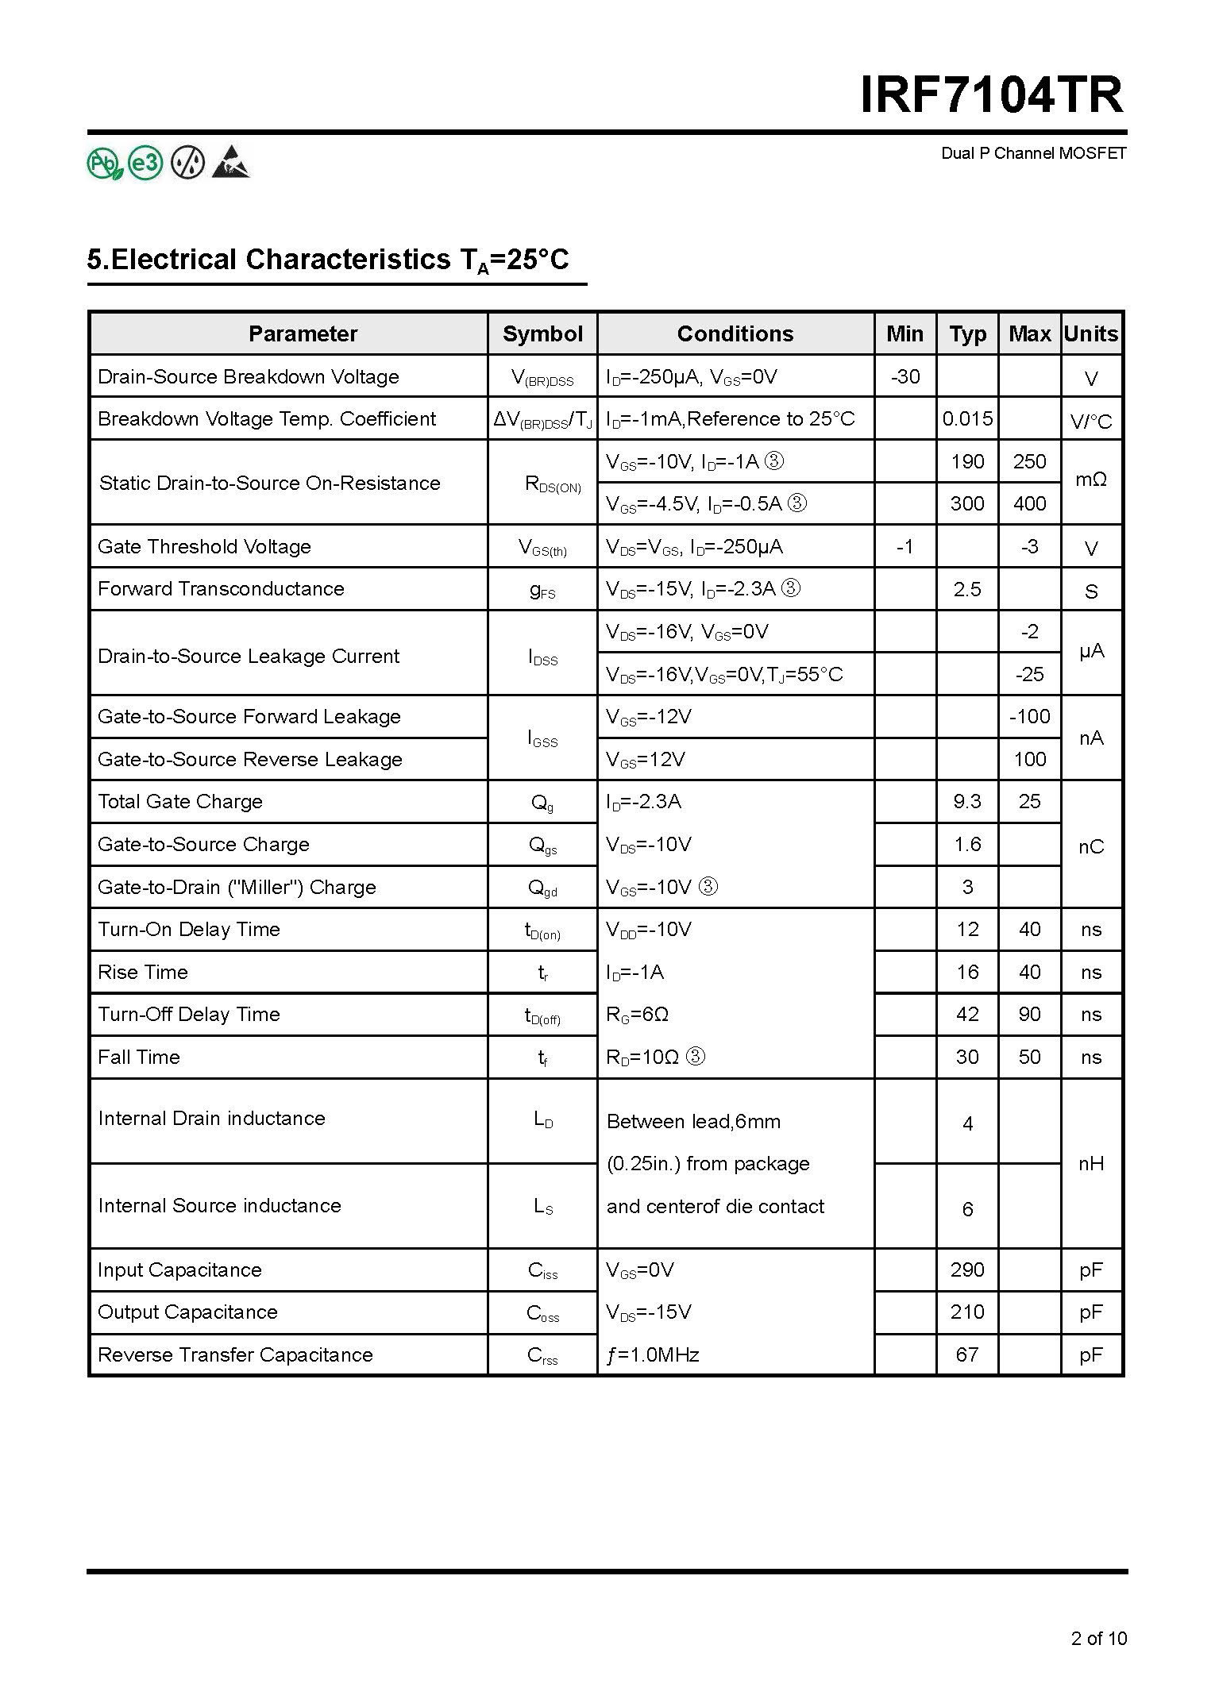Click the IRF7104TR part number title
click(992, 95)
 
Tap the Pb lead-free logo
click(105, 164)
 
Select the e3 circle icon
click(145, 164)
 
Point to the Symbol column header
click(542, 333)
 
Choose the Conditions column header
click(735, 333)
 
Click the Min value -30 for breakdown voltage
click(905, 376)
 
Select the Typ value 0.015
click(967, 418)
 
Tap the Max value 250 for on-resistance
click(1029, 461)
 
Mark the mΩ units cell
click(1090, 480)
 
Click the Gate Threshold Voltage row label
click(204, 546)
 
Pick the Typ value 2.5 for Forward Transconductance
click(967, 589)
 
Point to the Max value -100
click(1029, 716)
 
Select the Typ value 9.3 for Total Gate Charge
click(967, 801)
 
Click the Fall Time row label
click(139, 1057)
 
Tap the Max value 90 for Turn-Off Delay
click(1029, 1014)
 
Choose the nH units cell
click(1090, 1163)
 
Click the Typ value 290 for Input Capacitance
click(967, 1269)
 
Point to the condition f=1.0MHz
click(653, 1354)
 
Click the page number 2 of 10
click(1098, 1638)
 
